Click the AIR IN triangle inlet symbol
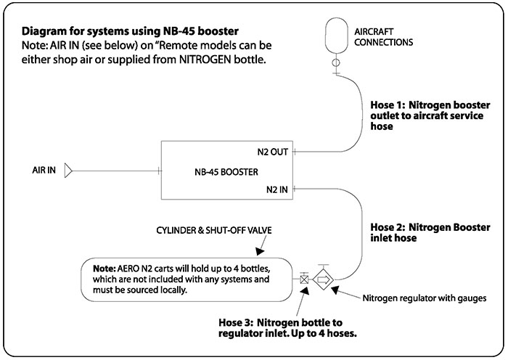pos(67,171)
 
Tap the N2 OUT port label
pos(273,153)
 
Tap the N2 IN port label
pos(276,191)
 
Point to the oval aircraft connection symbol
pos(335,33)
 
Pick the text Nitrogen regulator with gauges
pos(421,298)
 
